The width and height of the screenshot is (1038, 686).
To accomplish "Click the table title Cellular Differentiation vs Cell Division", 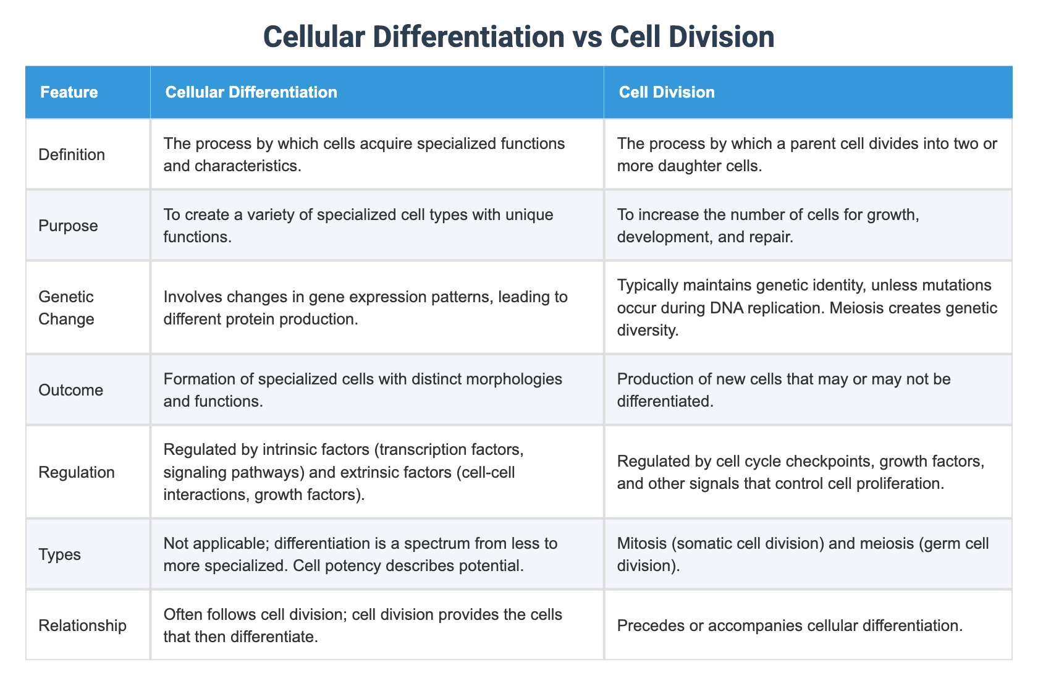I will point(518,37).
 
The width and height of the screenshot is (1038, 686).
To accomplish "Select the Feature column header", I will point(69,92).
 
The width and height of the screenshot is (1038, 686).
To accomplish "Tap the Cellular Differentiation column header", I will point(251,92).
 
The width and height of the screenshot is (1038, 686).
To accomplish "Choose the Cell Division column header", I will point(667,92).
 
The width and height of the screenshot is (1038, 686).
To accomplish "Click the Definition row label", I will point(72,155).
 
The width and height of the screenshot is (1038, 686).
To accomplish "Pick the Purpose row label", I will point(68,226).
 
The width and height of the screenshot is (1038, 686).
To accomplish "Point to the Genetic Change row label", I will point(66,308).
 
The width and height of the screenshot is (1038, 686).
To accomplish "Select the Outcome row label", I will point(70,390).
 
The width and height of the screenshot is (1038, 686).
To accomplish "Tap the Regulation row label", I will point(76,472).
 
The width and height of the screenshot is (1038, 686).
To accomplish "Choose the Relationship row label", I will point(82,625).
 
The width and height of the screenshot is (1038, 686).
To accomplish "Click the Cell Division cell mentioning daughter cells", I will point(807,155).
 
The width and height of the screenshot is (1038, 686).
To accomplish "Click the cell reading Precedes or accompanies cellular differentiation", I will point(790,625).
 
